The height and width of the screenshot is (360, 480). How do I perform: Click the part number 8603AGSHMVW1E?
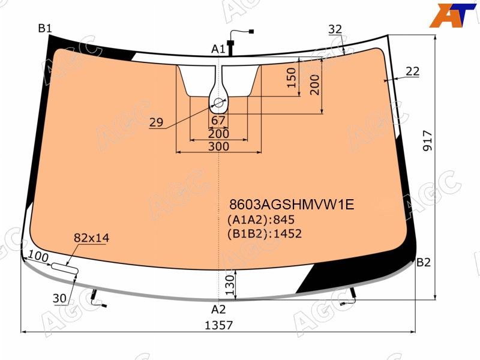[x=292, y=205]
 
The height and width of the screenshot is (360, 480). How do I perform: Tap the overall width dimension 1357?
[x=218, y=325]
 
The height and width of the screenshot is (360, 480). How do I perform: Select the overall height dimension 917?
[x=427, y=140]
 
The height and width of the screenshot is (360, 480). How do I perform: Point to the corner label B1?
[x=45, y=28]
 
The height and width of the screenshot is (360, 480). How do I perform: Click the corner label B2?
[x=424, y=262]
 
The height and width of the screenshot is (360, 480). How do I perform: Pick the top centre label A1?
[x=218, y=49]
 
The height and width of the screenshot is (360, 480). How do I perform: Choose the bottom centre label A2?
[x=218, y=310]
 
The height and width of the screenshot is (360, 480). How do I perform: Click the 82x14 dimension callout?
[x=92, y=238]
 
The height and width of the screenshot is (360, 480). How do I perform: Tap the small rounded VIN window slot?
[x=65, y=268]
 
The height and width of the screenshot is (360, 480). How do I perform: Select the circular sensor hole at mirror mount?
[x=218, y=103]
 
